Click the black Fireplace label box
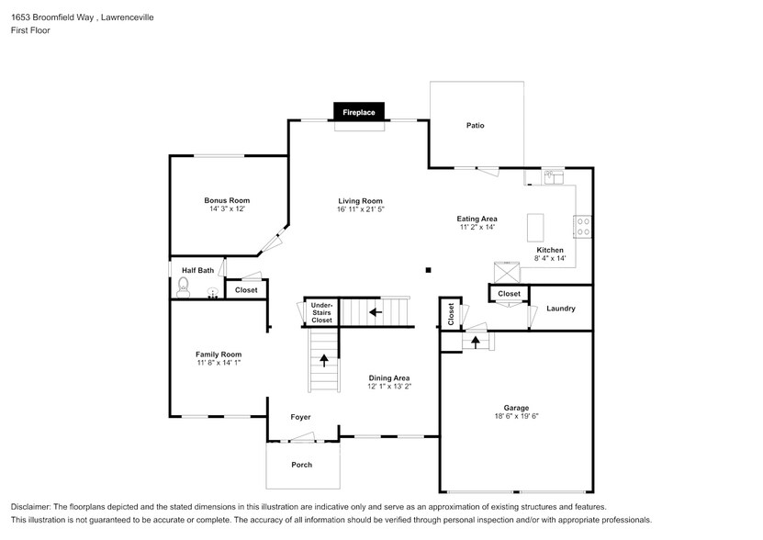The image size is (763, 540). pos(359,111)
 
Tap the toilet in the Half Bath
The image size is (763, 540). pos(183,287)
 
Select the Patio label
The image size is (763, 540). pos(475,125)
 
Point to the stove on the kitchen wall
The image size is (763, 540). pos(582,226)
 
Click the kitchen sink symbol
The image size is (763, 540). pos(553,177)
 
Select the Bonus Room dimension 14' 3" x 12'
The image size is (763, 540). pos(227,208)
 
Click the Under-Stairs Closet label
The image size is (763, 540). pos(321,313)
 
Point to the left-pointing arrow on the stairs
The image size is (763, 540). pos(375,311)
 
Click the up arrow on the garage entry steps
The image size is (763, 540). pos(476,342)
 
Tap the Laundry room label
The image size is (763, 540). pos(560,309)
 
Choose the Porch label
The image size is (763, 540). pos(301,465)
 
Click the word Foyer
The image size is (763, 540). pos(300,417)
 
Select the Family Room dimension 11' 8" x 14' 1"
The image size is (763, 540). pos(219,363)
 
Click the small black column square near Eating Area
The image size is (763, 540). pos(428,270)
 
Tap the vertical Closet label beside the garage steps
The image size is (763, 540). pos(451,314)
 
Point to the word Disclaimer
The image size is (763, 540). pos(32,508)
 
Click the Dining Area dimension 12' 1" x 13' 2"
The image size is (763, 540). pos(389,387)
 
